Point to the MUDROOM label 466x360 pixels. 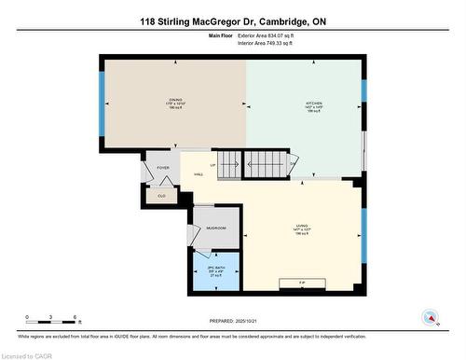[216, 228]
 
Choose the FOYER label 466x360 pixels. [162, 168]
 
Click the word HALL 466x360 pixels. [199, 174]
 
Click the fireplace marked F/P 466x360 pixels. [302, 282]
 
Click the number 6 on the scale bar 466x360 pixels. [75, 318]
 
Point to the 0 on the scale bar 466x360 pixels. [27, 318]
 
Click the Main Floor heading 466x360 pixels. [221, 35]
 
